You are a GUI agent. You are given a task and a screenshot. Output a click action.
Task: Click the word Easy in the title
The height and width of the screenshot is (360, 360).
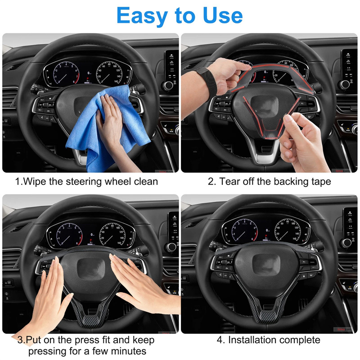pos(142,16)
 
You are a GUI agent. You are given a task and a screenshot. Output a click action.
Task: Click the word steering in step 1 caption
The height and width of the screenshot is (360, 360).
pos(84,182)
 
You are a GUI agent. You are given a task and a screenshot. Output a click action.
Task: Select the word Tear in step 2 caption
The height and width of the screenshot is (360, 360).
pos(229,181)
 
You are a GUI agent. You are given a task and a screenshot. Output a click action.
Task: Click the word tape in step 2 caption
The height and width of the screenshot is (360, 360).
pos(321,182)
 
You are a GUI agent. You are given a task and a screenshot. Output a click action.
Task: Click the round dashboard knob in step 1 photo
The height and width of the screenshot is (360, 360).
pos(168,86)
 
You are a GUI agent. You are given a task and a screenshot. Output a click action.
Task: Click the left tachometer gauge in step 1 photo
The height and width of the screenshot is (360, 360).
pos(66,72)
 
